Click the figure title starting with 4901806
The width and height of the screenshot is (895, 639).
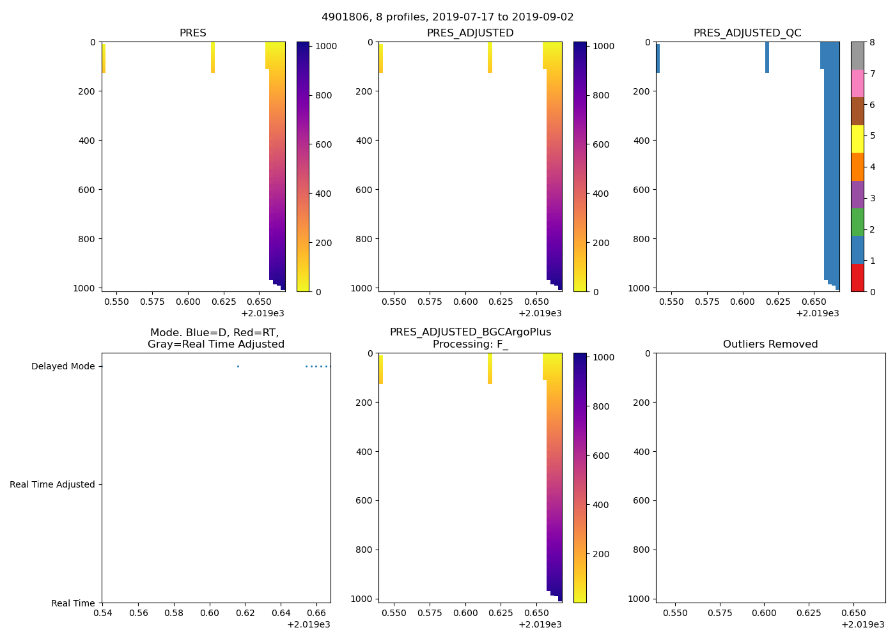click(x=447, y=17)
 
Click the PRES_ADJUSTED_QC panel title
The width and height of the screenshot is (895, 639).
click(x=747, y=33)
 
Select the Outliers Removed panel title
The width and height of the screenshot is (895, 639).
click(x=770, y=344)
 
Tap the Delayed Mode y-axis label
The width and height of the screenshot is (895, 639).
click(x=63, y=366)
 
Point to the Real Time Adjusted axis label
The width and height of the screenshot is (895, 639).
click(x=52, y=484)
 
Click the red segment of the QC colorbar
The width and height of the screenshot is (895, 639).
click(x=857, y=278)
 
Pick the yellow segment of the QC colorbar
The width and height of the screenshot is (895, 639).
click(x=857, y=139)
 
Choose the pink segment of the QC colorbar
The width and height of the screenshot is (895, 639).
click(x=857, y=83)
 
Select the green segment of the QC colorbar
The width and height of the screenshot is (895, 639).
click(x=857, y=222)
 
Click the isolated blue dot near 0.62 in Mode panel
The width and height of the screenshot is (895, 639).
click(x=238, y=366)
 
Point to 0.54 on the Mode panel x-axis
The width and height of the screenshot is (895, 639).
click(x=102, y=613)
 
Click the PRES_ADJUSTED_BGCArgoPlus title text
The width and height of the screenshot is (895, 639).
click(x=471, y=332)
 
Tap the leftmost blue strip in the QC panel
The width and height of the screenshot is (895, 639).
click(x=658, y=58)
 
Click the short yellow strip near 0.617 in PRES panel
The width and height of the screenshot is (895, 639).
click(x=213, y=58)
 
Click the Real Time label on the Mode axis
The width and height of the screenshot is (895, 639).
click(x=73, y=603)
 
